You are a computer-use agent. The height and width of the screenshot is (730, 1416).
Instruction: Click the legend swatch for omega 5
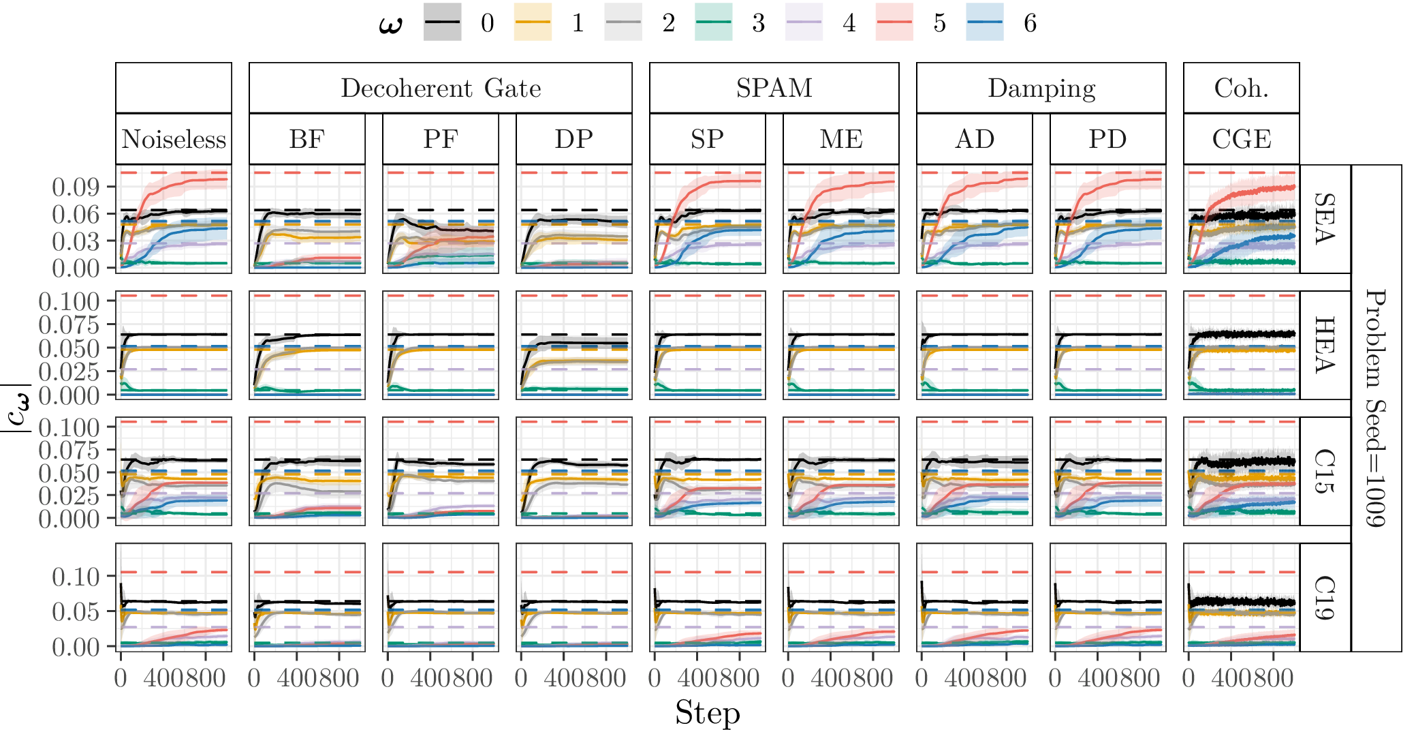click(x=894, y=22)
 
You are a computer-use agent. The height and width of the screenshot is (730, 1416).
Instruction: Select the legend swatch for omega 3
click(x=713, y=22)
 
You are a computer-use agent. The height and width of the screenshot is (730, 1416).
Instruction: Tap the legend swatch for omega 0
click(x=442, y=22)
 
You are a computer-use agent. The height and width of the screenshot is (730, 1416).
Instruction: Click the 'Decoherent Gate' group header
click(x=441, y=88)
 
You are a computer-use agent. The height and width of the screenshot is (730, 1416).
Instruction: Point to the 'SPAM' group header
click(x=774, y=88)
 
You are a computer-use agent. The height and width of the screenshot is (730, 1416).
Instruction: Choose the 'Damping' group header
click(x=1041, y=88)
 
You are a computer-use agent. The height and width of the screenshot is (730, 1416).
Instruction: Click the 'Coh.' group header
click(x=1241, y=88)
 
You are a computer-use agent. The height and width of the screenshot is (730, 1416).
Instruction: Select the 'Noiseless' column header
click(x=174, y=139)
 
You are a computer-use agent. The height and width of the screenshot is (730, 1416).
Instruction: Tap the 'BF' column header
click(x=306, y=139)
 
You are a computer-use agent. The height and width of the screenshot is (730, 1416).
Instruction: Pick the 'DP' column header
click(x=573, y=139)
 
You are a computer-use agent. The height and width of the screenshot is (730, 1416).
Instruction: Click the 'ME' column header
click(x=840, y=139)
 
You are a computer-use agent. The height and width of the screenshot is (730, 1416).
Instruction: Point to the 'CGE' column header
click(x=1241, y=139)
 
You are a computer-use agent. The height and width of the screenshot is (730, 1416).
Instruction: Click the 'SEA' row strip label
click(x=1325, y=219)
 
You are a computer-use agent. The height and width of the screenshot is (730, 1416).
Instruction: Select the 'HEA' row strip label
click(x=1325, y=345)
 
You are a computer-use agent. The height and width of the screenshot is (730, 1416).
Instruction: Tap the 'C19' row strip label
click(x=1325, y=597)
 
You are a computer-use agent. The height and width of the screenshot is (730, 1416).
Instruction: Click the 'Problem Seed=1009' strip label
click(x=1376, y=408)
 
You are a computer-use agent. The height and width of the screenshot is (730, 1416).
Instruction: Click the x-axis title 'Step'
click(x=707, y=713)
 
